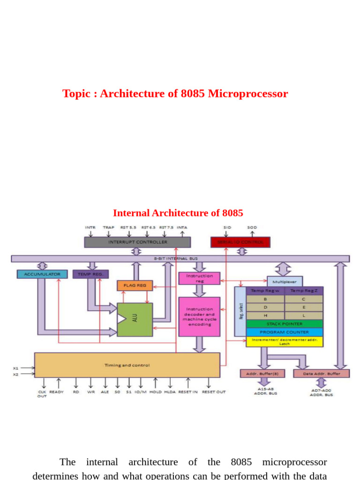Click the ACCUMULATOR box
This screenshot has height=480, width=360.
pyautogui.click(x=42, y=274)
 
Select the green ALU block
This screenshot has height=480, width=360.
pyautogui.click(x=135, y=319)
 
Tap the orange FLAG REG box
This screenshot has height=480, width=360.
pyautogui.click(x=135, y=285)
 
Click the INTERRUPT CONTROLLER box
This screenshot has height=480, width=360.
pyautogui.click(x=137, y=242)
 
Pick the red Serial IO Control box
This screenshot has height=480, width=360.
pyautogui.click(x=240, y=242)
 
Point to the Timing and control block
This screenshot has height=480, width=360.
pyautogui.click(x=127, y=365)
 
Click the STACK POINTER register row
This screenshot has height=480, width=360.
pyautogui.click(x=285, y=324)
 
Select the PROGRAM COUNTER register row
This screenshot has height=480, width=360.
pyautogui.click(x=285, y=332)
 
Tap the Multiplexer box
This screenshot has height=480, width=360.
pyautogui.click(x=285, y=281)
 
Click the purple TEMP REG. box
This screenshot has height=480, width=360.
pyautogui.click(x=90, y=274)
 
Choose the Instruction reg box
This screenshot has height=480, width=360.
pyautogui.click(x=199, y=278)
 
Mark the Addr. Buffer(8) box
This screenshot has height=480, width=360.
pyautogui.click(x=262, y=374)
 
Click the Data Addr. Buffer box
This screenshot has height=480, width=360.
pyautogui.click(x=321, y=374)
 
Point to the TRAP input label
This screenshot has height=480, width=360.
pyautogui.click(x=108, y=227)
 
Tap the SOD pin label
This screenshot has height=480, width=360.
pyautogui.click(x=252, y=227)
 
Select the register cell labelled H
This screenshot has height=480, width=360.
pyautogui.click(x=265, y=315)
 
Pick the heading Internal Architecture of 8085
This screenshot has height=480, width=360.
pyautogui.click(x=178, y=213)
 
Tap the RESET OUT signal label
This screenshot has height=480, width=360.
pyautogui.click(x=213, y=392)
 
